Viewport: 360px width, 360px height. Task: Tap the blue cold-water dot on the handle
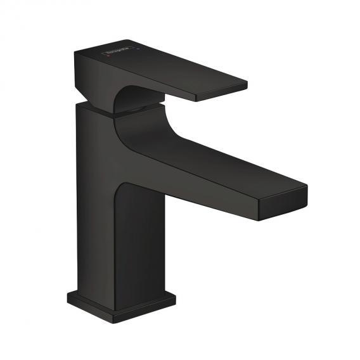[x=136, y=46]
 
